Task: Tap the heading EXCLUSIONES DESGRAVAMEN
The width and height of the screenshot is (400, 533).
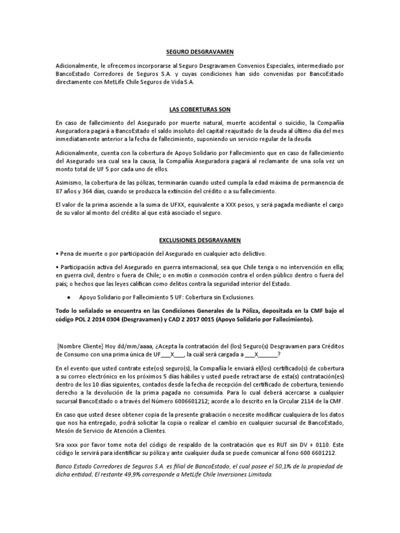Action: coord(199,240)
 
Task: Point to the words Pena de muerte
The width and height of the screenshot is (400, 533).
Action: coord(81,253)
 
